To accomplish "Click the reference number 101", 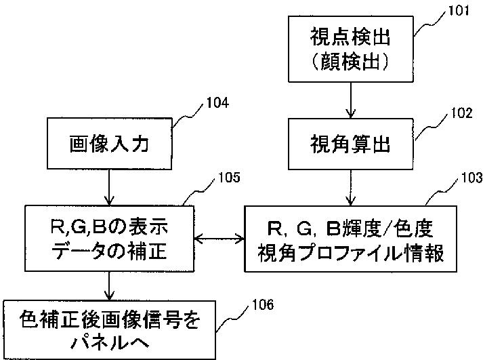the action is tap(458, 11).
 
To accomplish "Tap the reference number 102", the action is tap(461, 113).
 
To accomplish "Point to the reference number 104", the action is tap(217, 103).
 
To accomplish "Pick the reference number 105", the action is tap(229, 178).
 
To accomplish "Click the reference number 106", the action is tap(263, 305).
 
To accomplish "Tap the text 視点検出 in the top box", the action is tap(350, 37).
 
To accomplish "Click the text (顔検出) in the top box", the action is tap(350, 61).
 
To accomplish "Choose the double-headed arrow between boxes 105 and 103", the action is tap(219, 238).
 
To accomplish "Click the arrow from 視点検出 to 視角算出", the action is tap(350, 100).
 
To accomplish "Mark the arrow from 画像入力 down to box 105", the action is tap(109, 187).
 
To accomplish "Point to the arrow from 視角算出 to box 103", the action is tap(350, 188).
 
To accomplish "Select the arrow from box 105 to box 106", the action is tap(109, 286).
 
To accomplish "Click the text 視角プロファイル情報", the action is tap(350, 253).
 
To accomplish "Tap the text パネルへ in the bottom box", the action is tap(109, 342).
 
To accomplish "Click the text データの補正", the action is tap(109, 250).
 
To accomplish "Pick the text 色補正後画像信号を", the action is tap(109, 320).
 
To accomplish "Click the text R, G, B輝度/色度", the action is tap(350, 228).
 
